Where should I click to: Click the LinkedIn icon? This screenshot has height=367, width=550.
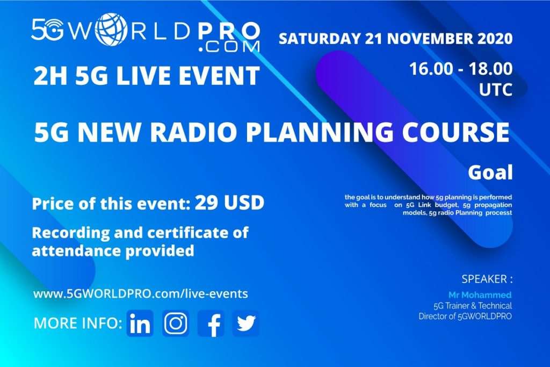(x=140, y=323)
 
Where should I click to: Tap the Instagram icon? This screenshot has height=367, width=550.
(x=176, y=323)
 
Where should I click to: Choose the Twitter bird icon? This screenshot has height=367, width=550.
(x=246, y=323)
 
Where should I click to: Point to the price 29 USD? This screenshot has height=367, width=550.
(x=229, y=203)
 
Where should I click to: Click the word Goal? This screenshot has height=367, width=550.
(x=490, y=173)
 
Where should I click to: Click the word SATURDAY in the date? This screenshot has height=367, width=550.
(x=315, y=39)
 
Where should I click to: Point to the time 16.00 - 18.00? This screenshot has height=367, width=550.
(x=460, y=69)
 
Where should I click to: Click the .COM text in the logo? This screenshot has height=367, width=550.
(x=228, y=47)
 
